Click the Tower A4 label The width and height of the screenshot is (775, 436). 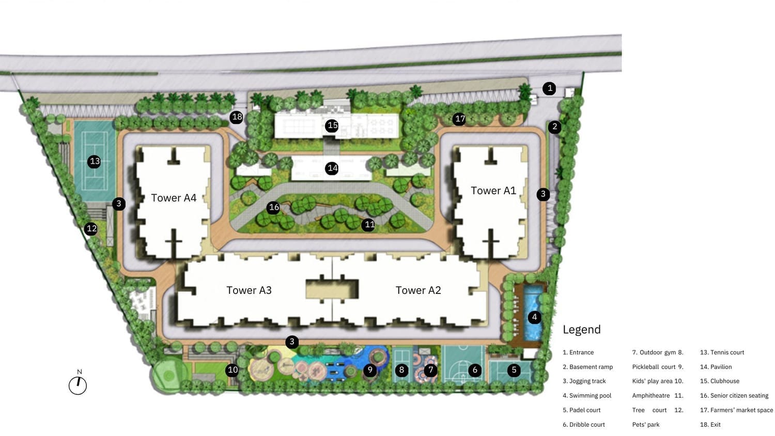[174, 198]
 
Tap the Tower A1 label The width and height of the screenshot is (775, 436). [493, 191]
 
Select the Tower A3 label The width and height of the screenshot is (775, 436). [249, 290]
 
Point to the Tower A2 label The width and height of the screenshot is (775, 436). [419, 290]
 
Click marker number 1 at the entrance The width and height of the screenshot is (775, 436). [549, 88]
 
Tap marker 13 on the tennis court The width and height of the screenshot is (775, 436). [94, 162]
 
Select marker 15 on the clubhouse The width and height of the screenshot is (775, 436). [332, 125]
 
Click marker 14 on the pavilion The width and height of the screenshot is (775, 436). [332, 168]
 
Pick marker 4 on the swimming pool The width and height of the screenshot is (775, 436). [535, 317]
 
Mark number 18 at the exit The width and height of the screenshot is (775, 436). [237, 117]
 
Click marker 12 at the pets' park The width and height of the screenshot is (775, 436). [91, 229]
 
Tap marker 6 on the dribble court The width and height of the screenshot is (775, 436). [475, 370]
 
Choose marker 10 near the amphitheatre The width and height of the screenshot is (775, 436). [232, 370]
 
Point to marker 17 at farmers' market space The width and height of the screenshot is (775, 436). [459, 119]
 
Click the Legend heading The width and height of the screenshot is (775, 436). [582, 330]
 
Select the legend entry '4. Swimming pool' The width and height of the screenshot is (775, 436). [587, 396]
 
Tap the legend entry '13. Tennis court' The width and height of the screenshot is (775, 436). [722, 353]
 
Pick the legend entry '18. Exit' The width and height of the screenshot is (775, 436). [710, 425]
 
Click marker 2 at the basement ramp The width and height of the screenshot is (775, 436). [554, 127]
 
